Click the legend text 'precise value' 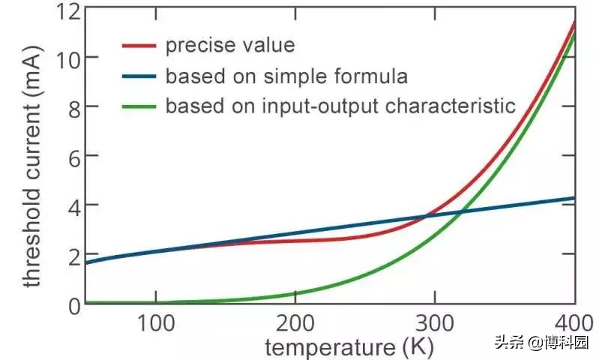[x=230, y=46]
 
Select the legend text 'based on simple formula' [x=286, y=76]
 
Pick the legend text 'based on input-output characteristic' [x=340, y=106]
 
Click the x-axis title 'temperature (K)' [x=349, y=347]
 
